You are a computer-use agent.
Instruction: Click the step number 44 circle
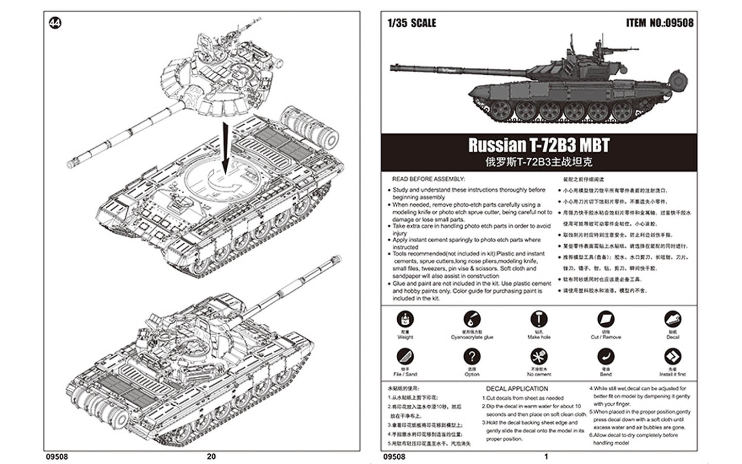coord(55,23)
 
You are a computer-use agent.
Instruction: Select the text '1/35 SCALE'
coord(411,23)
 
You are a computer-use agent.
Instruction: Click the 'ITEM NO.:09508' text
coord(660,23)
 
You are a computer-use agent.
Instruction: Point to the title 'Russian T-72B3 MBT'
coord(538,145)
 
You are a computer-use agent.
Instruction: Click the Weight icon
coord(405,320)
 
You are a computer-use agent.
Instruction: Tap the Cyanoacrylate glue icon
coord(471,320)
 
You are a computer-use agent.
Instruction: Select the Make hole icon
coord(538,320)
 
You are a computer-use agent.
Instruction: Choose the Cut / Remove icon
coord(605,320)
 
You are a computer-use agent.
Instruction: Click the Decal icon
coord(672,320)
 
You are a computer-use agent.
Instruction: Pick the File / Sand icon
coord(405,357)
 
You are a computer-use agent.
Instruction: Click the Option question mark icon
coord(471,357)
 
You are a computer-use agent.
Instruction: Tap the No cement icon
coord(538,357)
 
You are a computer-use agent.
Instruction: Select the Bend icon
coord(605,357)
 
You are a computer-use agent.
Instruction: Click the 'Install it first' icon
coord(672,357)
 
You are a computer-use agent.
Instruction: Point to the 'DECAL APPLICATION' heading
coord(517,389)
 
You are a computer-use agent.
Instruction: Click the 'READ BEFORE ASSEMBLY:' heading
coord(428,179)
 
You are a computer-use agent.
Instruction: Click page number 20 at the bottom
coord(211,456)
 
